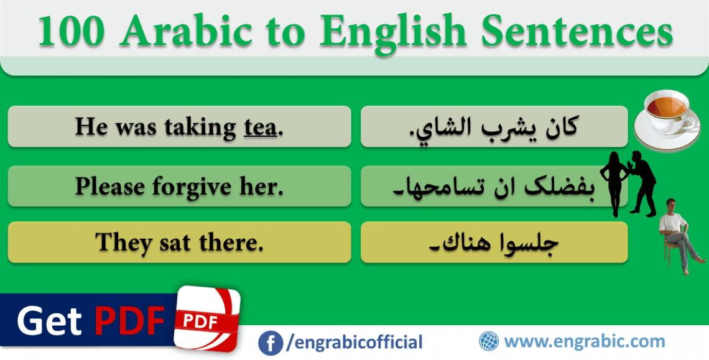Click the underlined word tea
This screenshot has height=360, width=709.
[x=259, y=127]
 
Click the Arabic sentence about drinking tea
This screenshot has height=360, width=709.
[x=494, y=127]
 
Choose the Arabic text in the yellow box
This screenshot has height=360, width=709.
[x=494, y=242]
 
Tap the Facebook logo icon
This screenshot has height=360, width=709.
[x=269, y=342]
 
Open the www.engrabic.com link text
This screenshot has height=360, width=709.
[x=584, y=341]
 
